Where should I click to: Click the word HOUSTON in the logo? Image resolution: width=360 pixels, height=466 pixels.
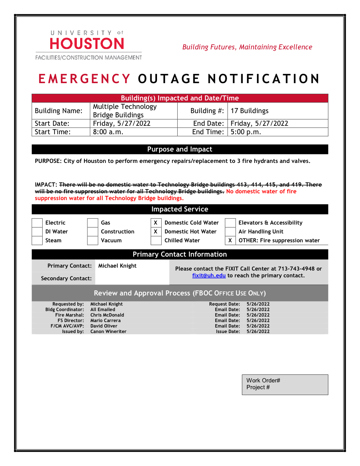click(x=87, y=44)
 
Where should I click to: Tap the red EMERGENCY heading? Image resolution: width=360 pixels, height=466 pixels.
click(x=84, y=79)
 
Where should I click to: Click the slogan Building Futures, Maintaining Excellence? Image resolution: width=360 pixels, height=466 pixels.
click(x=247, y=47)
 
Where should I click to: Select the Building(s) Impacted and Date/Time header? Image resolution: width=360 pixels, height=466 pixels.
click(x=180, y=98)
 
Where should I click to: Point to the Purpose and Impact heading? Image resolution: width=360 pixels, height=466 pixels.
click(x=180, y=149)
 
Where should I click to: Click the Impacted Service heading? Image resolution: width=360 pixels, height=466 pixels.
click(x=180, y=209)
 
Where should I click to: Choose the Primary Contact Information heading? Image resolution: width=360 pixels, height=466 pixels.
click(x=180, y=254)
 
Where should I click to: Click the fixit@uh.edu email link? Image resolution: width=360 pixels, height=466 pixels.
click(x=209, y=276)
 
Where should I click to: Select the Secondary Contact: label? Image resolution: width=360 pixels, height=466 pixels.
click(x=66, y=279)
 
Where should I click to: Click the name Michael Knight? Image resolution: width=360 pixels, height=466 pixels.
click(x=106, y=304)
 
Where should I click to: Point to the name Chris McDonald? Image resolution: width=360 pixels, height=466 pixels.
click(x=107, y=315)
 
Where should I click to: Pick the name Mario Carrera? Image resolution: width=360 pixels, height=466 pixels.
click(x=106, y=320)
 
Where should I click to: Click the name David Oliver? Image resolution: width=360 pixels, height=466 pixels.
click(x=104, y=326)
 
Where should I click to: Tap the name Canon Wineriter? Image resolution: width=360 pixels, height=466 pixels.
click(x=108, y=331)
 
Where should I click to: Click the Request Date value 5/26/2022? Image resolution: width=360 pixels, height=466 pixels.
click(x=258, y=304)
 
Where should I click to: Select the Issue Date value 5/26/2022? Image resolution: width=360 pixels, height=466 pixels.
click(x=258, y=331)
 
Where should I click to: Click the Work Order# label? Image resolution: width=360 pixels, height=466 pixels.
click(x=263, y=380)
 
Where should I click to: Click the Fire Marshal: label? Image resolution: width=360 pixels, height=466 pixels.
click(x=70, y=315)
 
